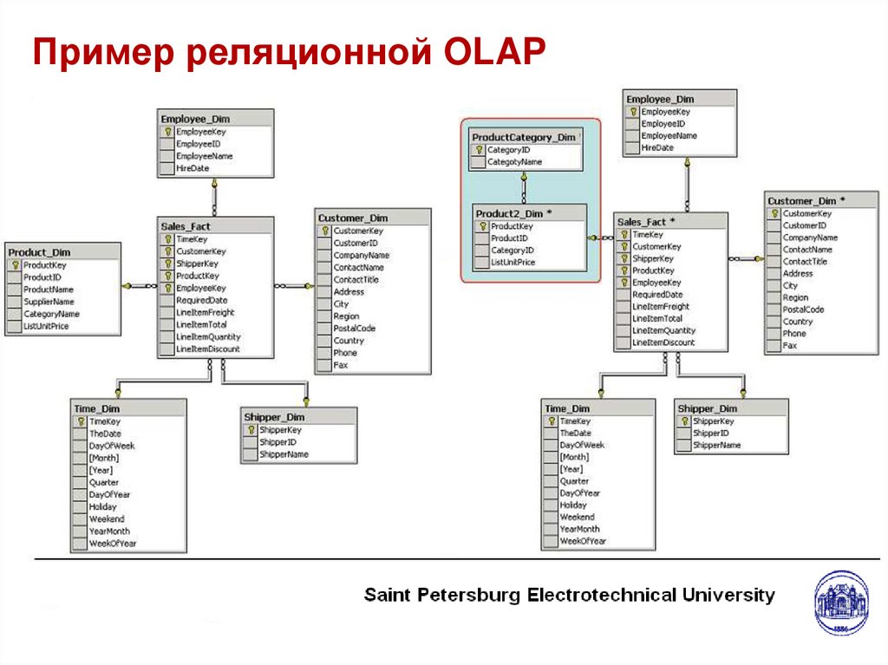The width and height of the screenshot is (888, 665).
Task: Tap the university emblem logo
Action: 841,603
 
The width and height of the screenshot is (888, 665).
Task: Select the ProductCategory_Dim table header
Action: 524,137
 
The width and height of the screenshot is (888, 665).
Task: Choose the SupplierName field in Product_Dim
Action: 49,302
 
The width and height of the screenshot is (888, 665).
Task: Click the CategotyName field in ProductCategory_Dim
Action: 515,162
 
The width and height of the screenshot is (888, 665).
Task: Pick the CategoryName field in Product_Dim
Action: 51,314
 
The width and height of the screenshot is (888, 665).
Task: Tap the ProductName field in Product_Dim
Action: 49,290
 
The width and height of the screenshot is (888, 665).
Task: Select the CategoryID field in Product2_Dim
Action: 512,251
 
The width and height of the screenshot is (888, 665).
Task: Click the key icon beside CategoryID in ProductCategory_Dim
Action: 479,150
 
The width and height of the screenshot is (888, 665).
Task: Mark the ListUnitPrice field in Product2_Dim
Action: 513,263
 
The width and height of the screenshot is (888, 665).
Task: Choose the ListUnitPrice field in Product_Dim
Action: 47,326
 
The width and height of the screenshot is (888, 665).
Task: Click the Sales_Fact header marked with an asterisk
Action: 646,222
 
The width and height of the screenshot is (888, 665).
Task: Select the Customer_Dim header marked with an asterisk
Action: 806,200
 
